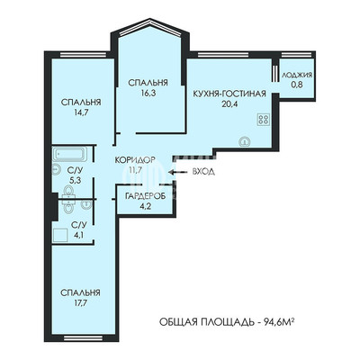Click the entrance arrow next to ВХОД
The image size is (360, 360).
coord(177,172)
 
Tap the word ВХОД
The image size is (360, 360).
coord(203,172)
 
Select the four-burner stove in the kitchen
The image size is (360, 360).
coord(264,120)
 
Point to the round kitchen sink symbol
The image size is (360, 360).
coord(246,141)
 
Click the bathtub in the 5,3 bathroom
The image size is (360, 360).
coord(69,154)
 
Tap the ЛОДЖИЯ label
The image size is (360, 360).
coord(297,75)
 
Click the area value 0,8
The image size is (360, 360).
coord(297,85)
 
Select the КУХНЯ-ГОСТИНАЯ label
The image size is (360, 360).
coord(229,94)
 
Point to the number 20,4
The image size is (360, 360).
coord(229,103)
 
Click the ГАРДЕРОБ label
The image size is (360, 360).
coord(145,196)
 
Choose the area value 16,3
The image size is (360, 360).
coord(148,93)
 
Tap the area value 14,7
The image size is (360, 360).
coord(80,112)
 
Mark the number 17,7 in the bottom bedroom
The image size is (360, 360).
coord(80,302)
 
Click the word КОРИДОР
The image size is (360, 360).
coord(135,159)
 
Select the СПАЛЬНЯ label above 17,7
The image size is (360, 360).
coord(80,292)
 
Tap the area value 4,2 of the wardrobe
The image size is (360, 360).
coord(145,206)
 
